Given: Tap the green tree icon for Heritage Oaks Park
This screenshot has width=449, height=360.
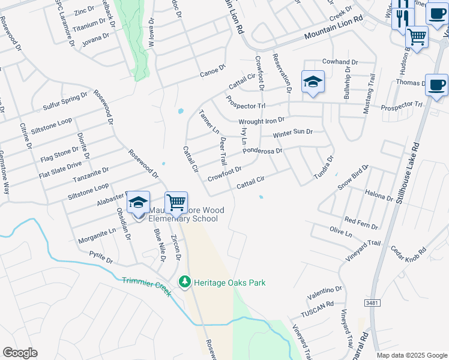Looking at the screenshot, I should tap(185, 281).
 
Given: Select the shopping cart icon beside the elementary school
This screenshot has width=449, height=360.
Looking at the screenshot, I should tap(176, 202).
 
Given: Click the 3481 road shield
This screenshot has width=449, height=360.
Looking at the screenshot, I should tap(372, 304).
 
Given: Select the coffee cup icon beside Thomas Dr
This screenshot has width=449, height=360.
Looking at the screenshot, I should tap(436, 85).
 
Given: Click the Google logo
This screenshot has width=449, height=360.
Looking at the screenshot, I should tap(20, 353).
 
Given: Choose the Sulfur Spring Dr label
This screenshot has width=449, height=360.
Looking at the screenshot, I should tap(65, 103).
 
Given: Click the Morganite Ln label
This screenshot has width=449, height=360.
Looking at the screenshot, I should tap(97, 230).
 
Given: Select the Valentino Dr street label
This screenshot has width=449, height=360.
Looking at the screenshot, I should tap(324, 292).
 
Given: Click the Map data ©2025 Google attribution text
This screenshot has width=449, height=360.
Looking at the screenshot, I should tap(411, 355).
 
